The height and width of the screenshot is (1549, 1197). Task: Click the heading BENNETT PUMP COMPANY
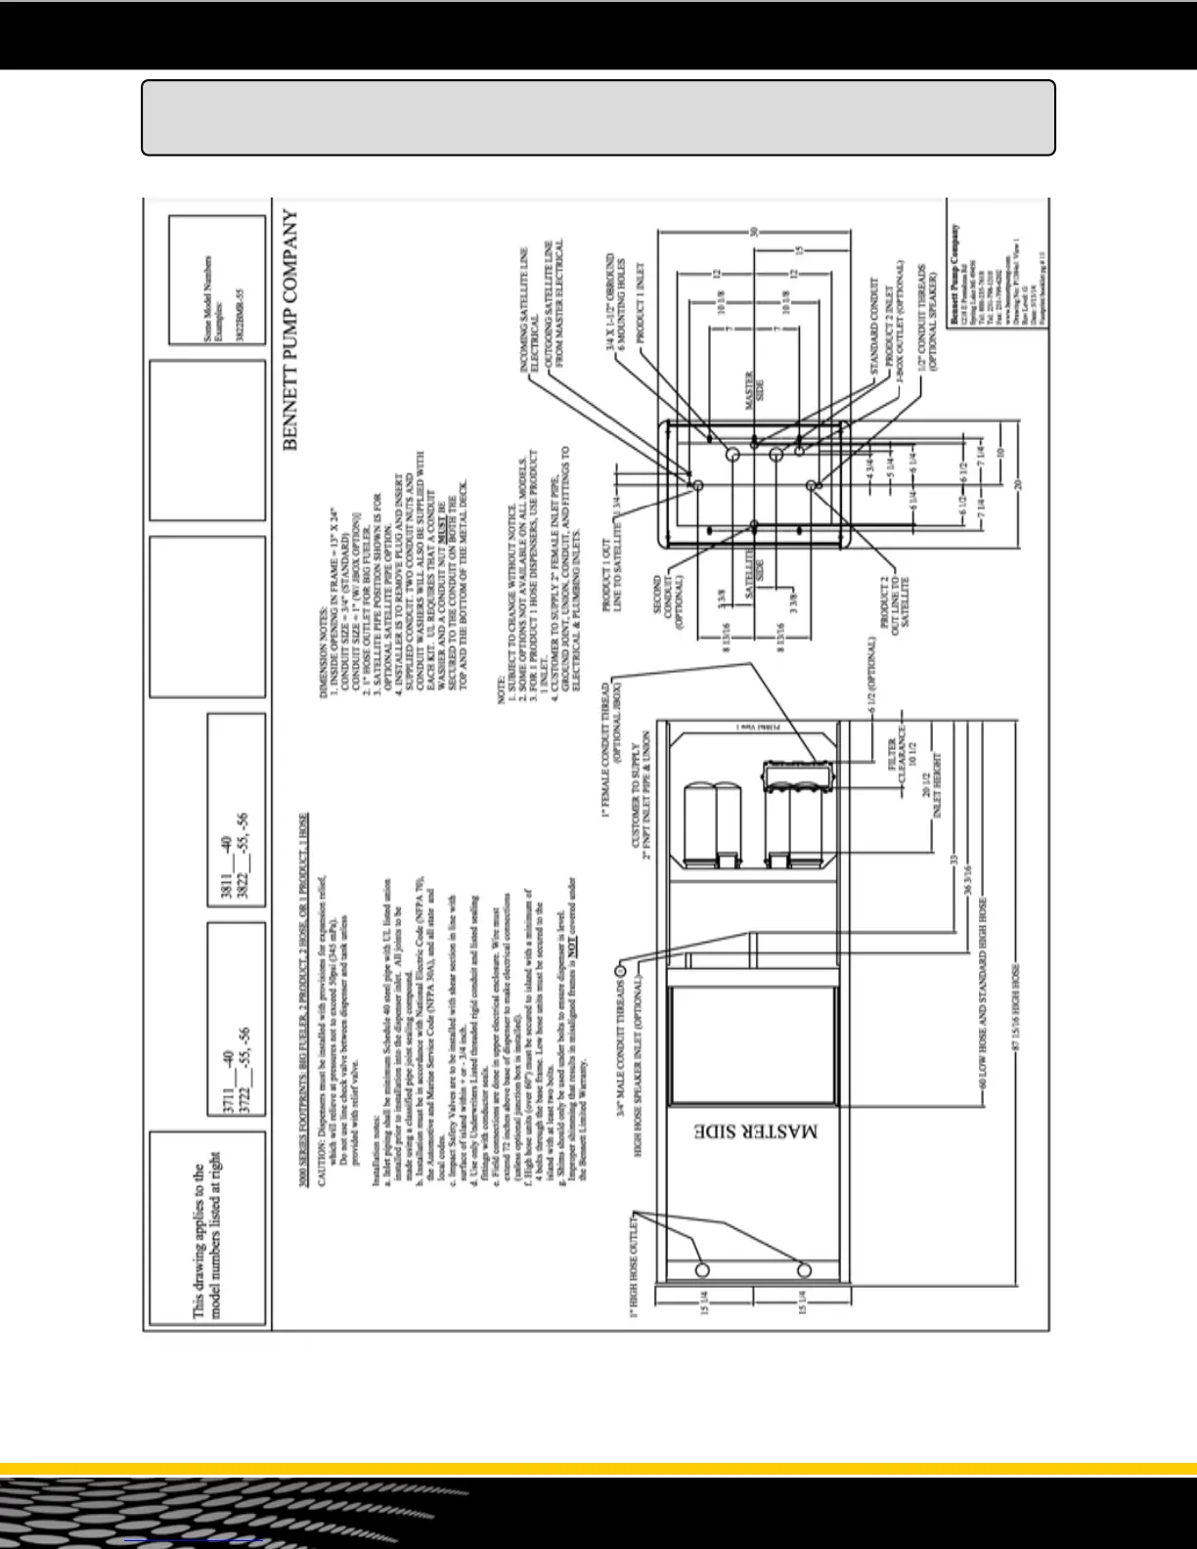pos(290,331)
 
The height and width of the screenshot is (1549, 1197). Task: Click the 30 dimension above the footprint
pos(753,232)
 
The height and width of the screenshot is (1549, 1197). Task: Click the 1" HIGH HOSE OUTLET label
pos(634,1265)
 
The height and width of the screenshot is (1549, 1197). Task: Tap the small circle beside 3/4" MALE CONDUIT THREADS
pos(619,970)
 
